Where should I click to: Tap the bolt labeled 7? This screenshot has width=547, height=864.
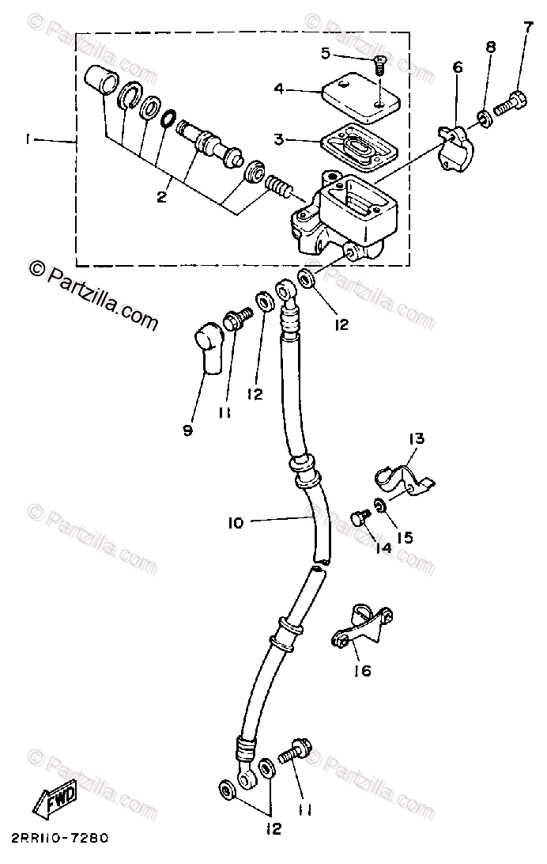coord(483,119)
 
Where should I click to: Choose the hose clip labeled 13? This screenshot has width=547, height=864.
coord(360,518)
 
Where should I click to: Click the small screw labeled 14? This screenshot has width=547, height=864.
coord(405,537)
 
